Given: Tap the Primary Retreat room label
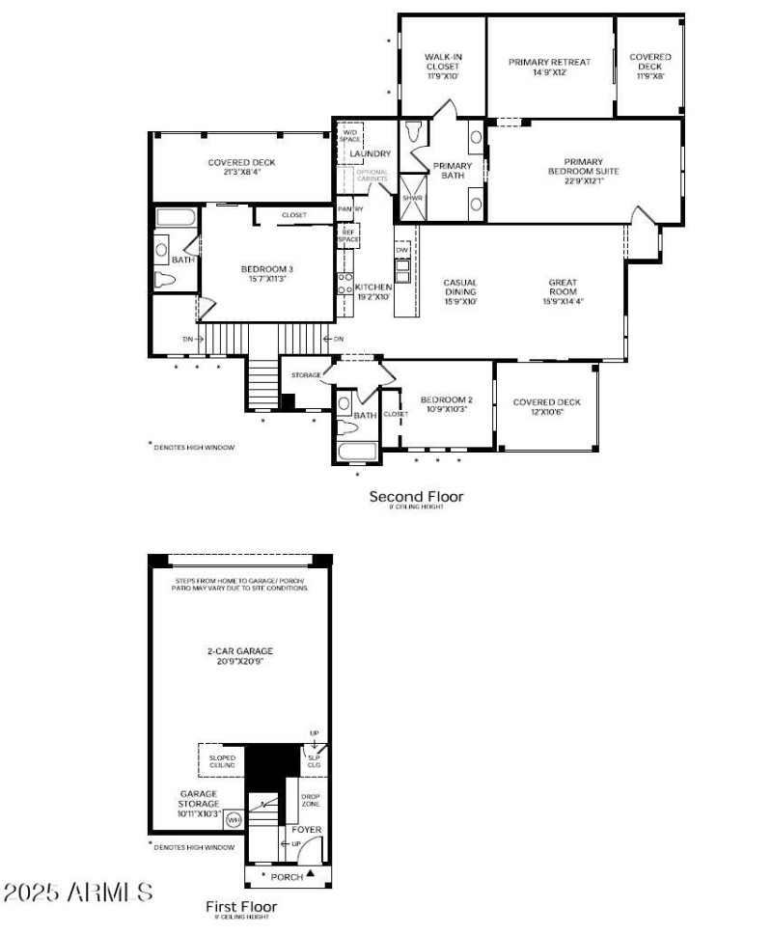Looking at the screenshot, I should point(549,62).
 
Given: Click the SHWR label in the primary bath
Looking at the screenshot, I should point(413,197).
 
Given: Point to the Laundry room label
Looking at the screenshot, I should point(371,153).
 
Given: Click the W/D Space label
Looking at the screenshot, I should point(350,136).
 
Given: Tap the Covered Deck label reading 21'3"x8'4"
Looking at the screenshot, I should point(242,163).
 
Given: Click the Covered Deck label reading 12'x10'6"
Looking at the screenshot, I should point(546,402).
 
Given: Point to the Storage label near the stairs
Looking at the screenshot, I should point(306,375).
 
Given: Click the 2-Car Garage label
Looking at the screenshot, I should point(239,651).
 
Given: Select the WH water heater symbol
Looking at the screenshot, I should point(233,819).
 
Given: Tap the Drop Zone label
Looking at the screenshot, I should point(311,800).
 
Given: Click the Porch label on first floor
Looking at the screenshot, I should point(288,876).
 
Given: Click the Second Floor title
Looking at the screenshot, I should point(416,497).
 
